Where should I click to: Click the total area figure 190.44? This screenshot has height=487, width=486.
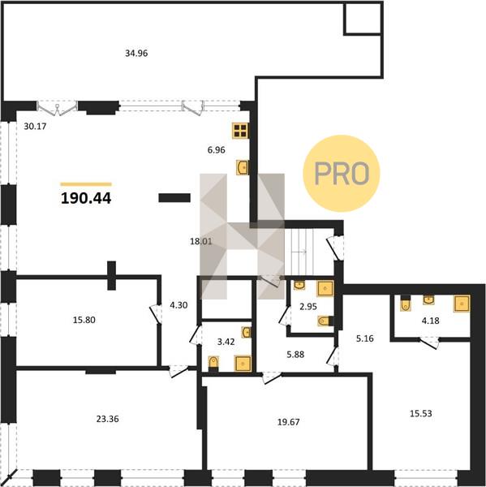click(x=86, y=199)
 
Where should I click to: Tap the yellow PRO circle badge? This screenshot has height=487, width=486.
click(x=342, y=174)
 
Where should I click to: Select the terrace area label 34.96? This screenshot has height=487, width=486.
click(x=136, y=54)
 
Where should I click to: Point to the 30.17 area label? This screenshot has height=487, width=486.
click(x=35, y=127)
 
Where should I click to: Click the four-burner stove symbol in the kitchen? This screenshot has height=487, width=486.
click(x=240, y=131)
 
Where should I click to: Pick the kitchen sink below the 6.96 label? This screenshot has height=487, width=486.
click(x=243, y=167)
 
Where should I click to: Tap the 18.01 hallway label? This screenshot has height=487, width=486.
click(x=201, y=241)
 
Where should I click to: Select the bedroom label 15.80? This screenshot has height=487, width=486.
click(x=84, y=320)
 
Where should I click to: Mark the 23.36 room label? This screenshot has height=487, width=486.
click(x=107, y=419)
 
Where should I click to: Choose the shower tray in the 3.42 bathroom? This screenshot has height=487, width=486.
click(x=243, y=364)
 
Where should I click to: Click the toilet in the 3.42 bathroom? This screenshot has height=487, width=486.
click(x=213, y=364)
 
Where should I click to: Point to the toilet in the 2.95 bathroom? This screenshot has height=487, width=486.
click(x=325, y=321)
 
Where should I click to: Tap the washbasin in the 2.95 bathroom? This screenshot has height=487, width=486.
click(x=299, y=285)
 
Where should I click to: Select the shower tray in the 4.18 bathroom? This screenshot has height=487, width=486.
click(x=462, y=304)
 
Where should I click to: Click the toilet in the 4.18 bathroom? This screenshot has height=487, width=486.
click(x=406, y=303)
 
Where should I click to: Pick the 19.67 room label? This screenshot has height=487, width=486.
click(x=289, y=422)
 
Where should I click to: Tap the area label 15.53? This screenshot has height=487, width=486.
click(x=421, y=413)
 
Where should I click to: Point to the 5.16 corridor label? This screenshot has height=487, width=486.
click(x=365, y=338)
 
